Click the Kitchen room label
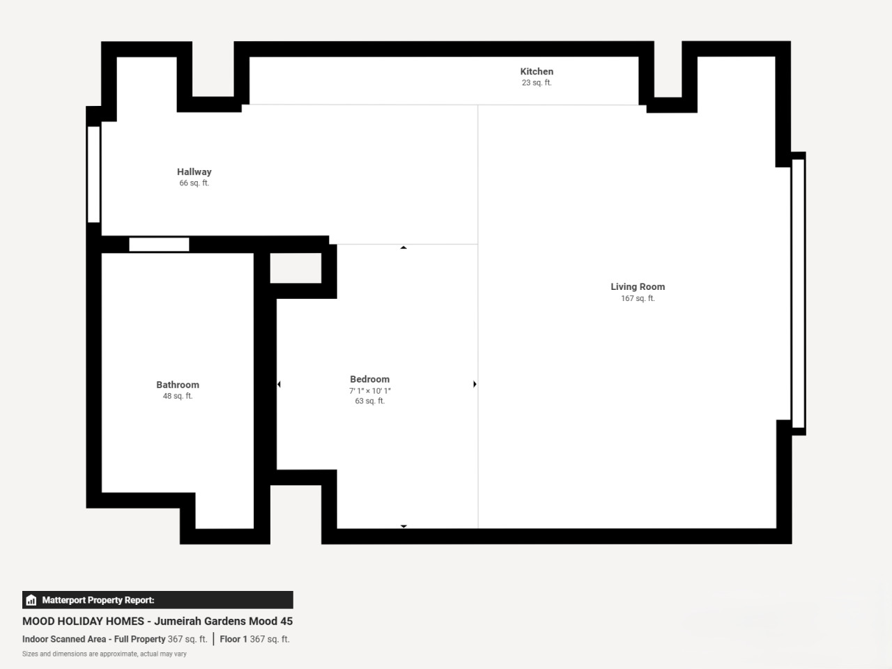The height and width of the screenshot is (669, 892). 537,72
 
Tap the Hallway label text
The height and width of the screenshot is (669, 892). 194,172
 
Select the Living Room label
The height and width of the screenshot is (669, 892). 638,287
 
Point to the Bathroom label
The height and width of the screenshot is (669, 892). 178,385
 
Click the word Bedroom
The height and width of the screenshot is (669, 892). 370,379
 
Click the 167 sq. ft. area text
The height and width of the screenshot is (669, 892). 638,298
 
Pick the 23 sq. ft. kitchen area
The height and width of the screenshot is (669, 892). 537,83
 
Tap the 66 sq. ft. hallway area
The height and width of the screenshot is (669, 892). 194,183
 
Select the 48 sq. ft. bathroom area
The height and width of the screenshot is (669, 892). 178,396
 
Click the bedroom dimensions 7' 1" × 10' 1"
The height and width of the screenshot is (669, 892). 370,391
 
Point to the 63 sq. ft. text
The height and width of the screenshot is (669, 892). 370,401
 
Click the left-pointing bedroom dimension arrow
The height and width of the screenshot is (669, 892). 279,384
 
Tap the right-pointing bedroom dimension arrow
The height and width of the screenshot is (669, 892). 475,384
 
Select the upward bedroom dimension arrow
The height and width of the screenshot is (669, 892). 403,247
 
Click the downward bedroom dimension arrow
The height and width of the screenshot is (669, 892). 403,526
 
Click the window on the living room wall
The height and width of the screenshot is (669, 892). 798,293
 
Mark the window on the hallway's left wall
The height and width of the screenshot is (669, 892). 93,174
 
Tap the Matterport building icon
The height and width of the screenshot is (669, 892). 31,600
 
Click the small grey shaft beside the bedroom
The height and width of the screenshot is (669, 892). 295,268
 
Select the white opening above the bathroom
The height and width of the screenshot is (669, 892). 159,245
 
